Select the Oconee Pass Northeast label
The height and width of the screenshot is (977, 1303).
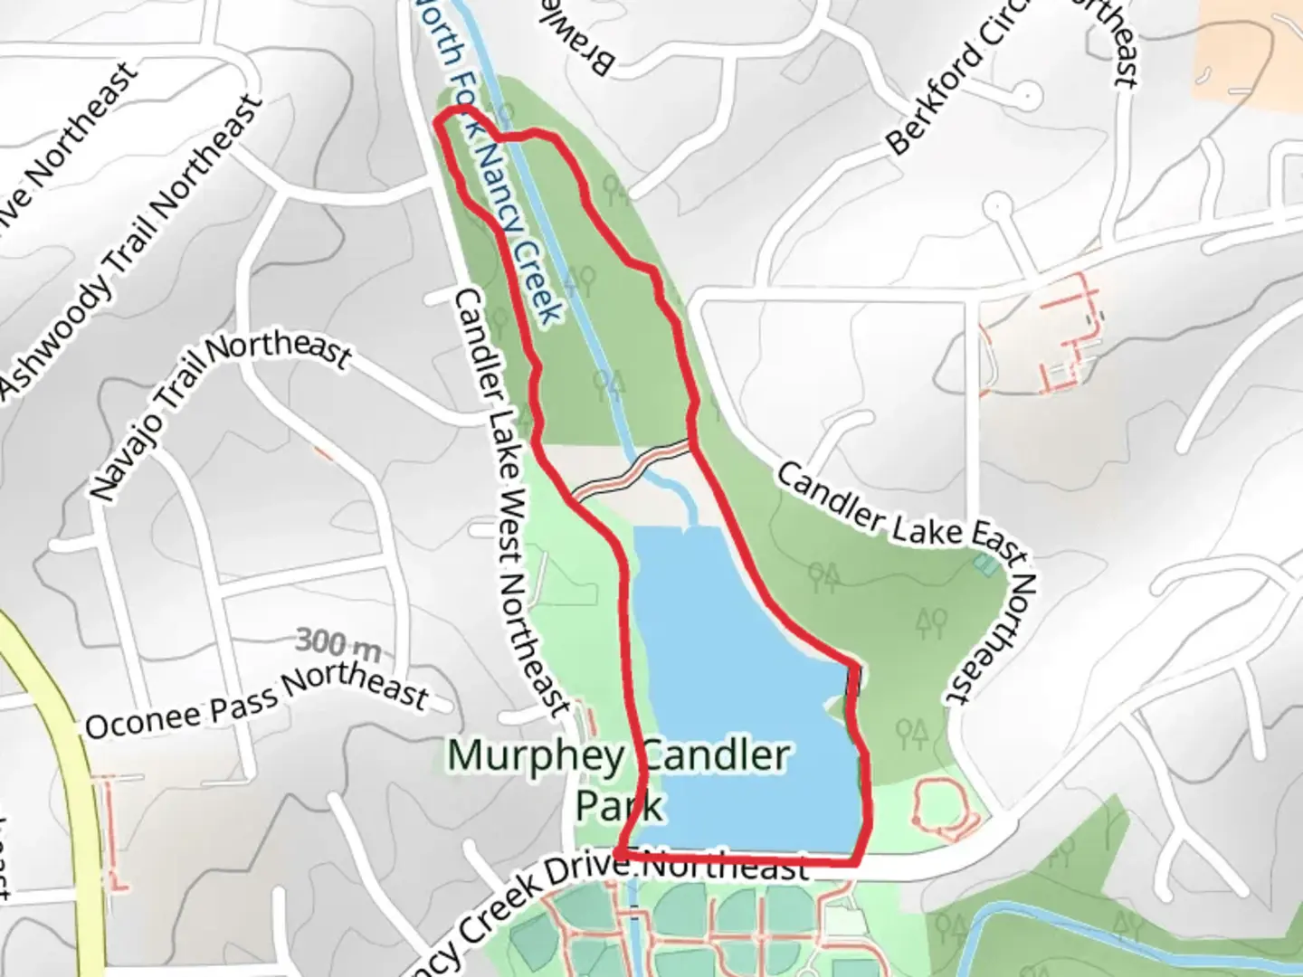(x=256, y=702)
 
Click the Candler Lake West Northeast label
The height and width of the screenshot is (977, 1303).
(x=512, y=502)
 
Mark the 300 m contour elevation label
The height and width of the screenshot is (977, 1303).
(x=338, y=643)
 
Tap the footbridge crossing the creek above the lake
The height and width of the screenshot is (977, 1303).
(x=633, y=470)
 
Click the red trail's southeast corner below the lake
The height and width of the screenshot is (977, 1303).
(x=855, y=859)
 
